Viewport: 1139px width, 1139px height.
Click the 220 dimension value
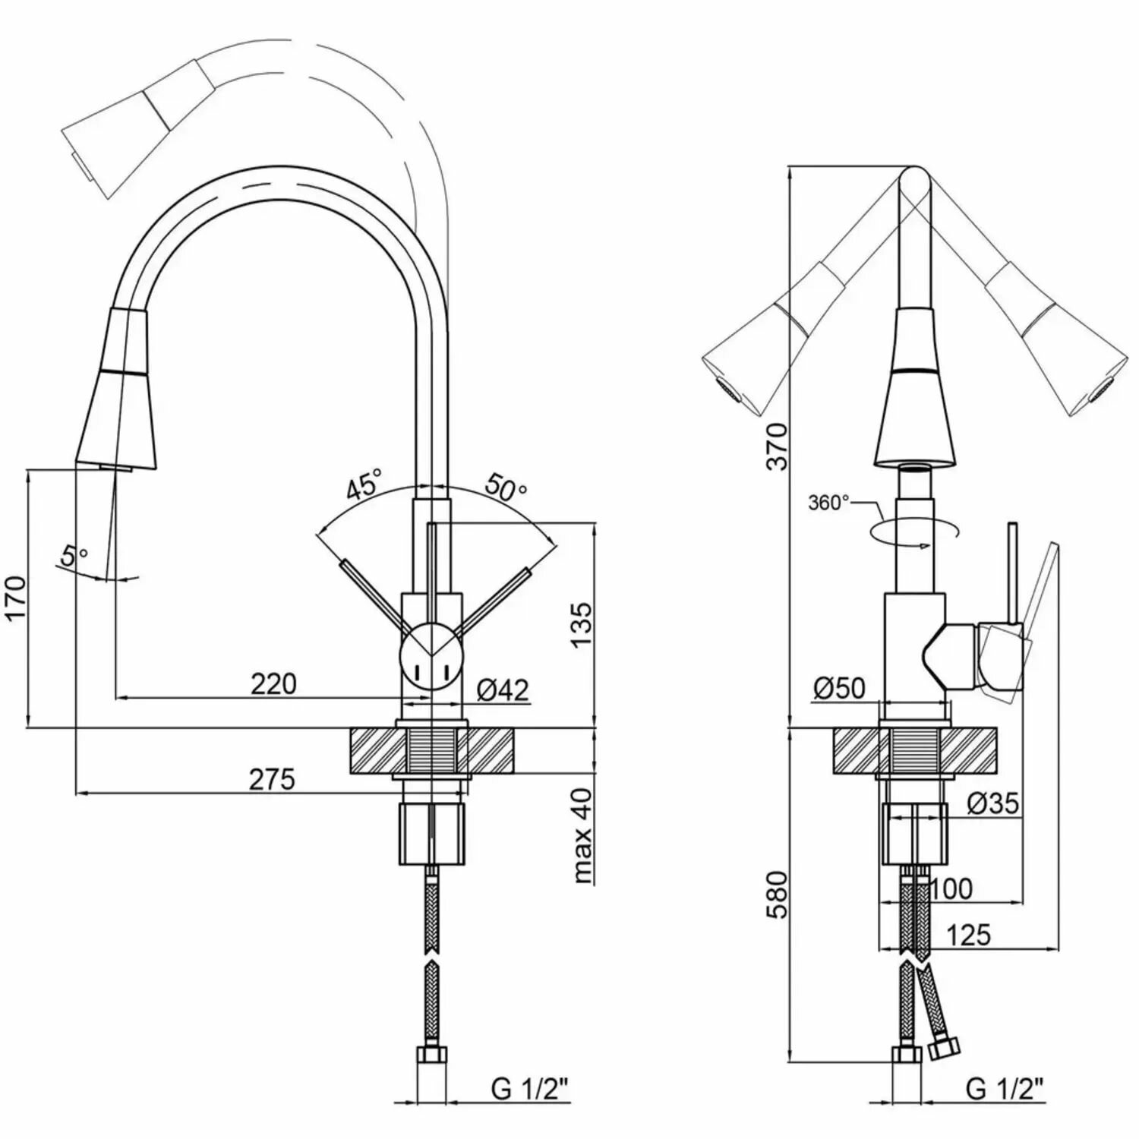tap(273, 684)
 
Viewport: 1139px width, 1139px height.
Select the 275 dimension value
tap(272, 780)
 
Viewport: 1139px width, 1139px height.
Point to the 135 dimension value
tap(580, 624)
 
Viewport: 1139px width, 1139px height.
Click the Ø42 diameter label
tap(503, 690)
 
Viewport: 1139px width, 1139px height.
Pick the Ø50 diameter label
tap(839, 688)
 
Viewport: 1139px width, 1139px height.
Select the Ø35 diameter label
tap(993, 803)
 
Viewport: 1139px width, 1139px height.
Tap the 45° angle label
tap(364, 484)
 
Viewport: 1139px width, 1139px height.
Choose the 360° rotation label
tap(829, 503)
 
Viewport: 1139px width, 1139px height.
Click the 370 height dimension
tap(777, 446)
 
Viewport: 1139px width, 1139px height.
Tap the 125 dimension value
tap(970, 935)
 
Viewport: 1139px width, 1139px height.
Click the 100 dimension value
tap(951, 888)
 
